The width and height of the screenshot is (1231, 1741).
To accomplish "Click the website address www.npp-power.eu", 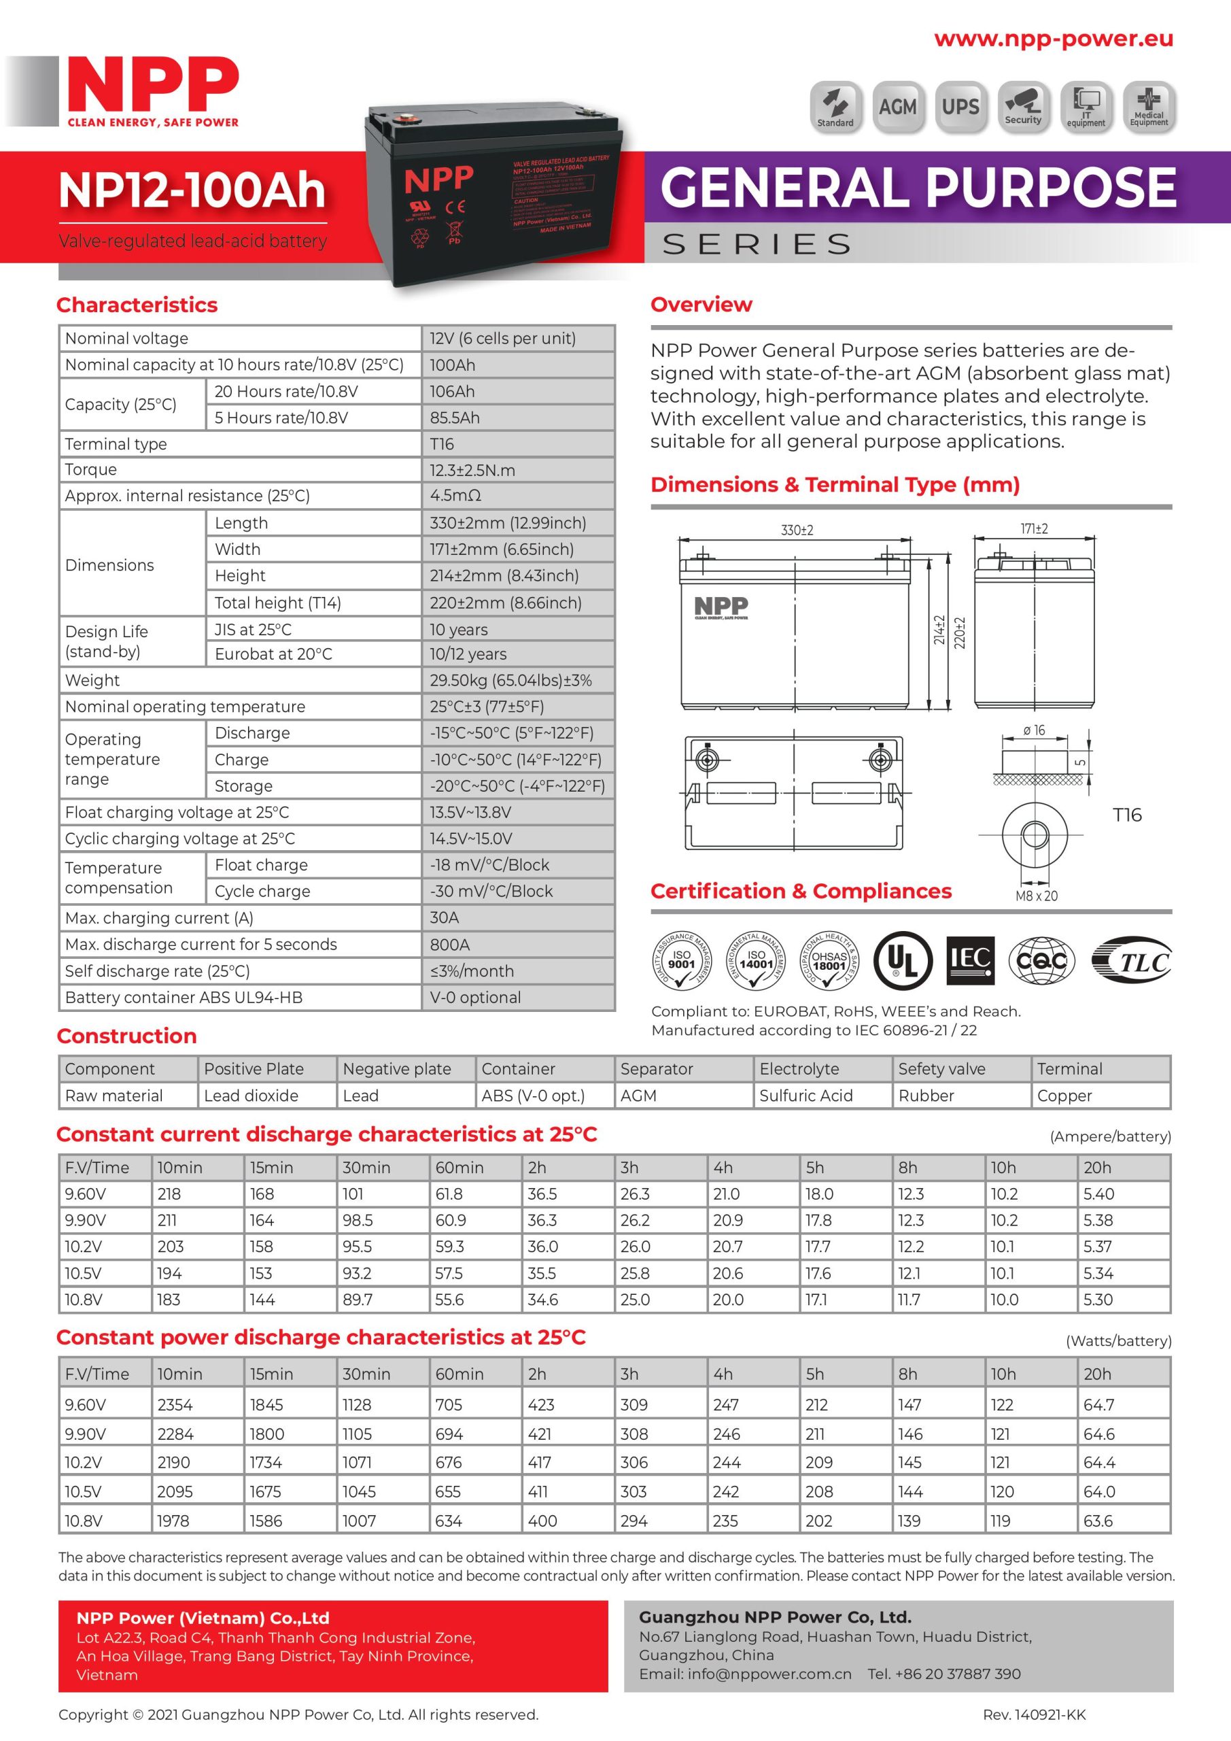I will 1053,39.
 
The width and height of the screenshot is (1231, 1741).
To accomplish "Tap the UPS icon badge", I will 960,107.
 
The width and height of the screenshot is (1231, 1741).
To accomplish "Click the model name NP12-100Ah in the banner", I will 192,190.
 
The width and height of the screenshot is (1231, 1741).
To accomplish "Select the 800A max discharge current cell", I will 449,944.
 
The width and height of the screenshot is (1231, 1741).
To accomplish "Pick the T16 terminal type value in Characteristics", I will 442,443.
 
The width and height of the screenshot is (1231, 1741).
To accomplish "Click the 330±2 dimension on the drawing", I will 797,530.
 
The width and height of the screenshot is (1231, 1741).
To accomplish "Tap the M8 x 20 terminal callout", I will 1036,896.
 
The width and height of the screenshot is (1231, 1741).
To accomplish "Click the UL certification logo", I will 902,960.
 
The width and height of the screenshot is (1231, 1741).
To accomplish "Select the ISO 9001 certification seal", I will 682,961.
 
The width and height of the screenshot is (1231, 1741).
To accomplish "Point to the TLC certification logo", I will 1132,961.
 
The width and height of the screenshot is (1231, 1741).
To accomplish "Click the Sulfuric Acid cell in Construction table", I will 805,1096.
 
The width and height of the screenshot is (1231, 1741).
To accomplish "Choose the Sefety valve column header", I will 941,1069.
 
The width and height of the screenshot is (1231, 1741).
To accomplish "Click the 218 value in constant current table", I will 169,1194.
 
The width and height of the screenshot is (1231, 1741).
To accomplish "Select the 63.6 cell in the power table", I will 1098,1521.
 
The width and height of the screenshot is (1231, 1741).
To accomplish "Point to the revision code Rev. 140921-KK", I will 1034,1714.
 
